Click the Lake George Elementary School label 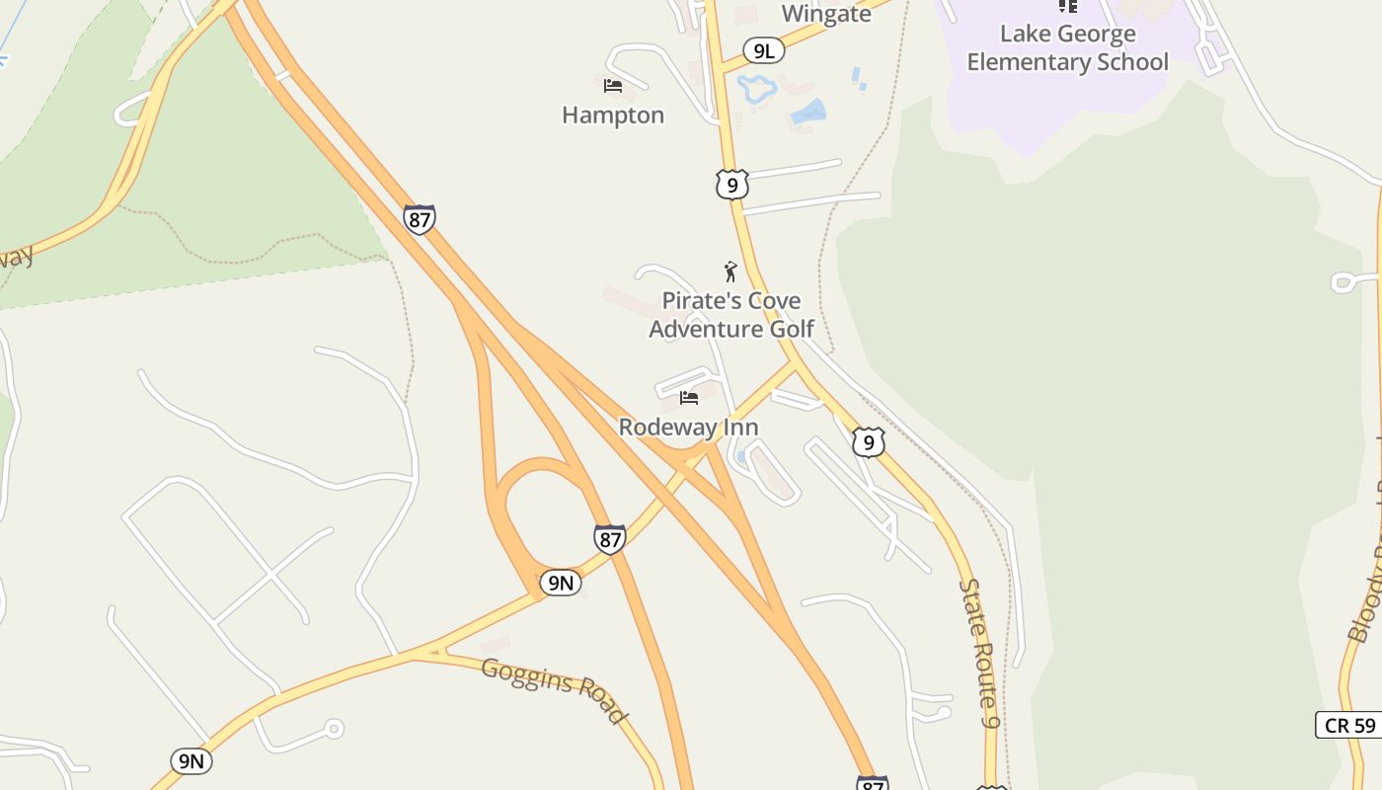point(1067,47)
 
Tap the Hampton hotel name point(613,116)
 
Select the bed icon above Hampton point(613,86)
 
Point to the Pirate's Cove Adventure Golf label point(731,315)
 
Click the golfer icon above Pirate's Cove point(730,272)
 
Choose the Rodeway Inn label point(688,427)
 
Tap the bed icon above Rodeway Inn point(689,398)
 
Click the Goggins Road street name point(554,689)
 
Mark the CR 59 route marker point(1349,725)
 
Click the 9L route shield point(764,51)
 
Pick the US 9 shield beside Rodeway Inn point(868,441)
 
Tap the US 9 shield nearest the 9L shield point(731,185)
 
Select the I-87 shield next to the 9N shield point(610,539)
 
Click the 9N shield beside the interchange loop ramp point(560,583)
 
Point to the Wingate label point(826,14)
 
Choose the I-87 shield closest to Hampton point(420,219)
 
